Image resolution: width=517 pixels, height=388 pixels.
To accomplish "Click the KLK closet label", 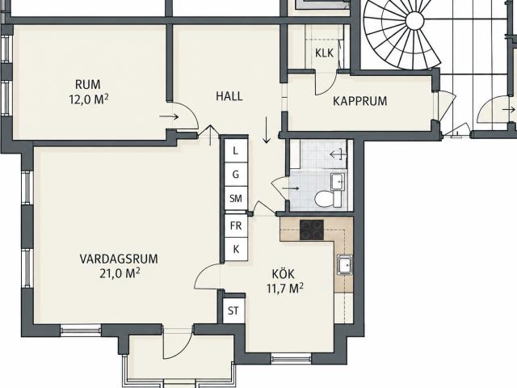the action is coord(324,53).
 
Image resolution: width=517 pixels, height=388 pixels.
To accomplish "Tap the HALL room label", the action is coord(229,96).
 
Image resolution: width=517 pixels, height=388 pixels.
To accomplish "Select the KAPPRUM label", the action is coord(359,101).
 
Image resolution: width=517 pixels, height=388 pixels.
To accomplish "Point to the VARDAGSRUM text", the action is coord(119,259).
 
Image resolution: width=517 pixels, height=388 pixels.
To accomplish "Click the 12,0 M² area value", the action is coord(89,99).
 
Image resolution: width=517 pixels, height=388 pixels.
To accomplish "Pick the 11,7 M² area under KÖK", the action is coord(285,289).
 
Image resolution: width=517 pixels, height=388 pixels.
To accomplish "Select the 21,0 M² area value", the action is coord(120,273).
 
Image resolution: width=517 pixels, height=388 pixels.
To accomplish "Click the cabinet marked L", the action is coord(236,151).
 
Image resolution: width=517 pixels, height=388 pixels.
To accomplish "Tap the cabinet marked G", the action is coord(236,175).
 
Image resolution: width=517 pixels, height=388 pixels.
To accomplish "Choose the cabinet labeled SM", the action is coord(236,198).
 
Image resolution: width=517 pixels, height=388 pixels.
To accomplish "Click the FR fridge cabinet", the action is coord(236,226).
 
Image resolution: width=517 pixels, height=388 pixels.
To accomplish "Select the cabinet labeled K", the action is coord(236,249).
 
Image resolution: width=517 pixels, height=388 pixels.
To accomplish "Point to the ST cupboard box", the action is coord(233,310).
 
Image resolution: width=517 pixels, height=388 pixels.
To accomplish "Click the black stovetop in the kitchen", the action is coord(312,230).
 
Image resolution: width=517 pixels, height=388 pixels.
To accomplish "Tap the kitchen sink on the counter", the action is coord(345,265).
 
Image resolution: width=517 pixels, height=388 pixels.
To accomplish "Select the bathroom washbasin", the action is coord(338,181).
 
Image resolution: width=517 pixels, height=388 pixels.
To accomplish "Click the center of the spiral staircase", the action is coord(414,21).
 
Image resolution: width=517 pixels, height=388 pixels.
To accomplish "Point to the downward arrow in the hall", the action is coord(267,129).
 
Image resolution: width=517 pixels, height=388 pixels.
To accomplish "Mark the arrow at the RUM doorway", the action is coord(169,116).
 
